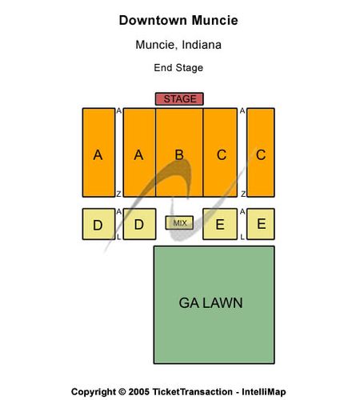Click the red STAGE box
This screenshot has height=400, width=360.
179,99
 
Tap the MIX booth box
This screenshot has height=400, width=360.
179,222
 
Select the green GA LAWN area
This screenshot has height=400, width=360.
214,305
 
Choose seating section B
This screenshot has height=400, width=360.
179,153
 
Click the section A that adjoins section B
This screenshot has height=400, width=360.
139,153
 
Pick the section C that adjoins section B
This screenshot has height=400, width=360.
220,153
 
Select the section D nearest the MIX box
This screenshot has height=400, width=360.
139,224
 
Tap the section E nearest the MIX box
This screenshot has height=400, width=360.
220,224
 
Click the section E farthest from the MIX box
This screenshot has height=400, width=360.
261,224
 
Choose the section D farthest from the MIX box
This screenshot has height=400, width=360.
98,224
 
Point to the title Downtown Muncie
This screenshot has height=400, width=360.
178,21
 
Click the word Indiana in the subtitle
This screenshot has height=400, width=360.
202,45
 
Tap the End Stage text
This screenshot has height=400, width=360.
178,68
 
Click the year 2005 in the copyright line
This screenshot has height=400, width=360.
138,392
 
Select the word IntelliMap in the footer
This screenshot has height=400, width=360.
264,392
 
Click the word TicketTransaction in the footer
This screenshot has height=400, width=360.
192,392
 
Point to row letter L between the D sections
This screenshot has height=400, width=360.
119,237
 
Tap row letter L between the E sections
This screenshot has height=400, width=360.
242,237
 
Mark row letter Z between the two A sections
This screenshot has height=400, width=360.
119,194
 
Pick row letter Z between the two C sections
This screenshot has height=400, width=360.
243,194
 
